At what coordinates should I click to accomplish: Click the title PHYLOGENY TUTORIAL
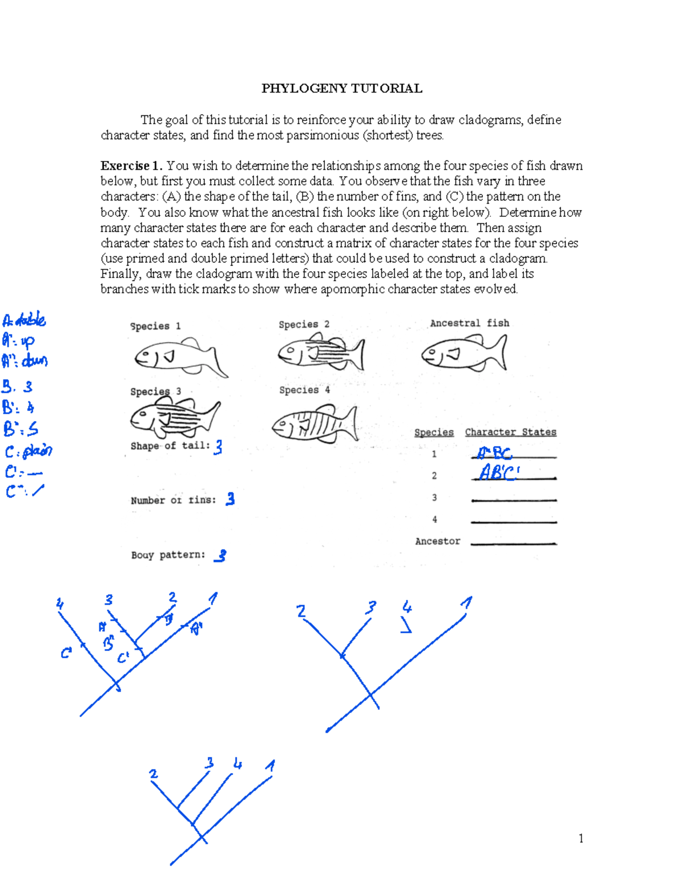coord(341,88)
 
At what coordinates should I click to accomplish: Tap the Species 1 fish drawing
coord(180,357)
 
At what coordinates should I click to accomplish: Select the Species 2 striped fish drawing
coord(321,353)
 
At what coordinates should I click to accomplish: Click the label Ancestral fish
coord(469,323)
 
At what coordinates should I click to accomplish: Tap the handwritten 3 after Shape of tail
coord(218,447)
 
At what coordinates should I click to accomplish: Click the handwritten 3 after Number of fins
coord(230,499)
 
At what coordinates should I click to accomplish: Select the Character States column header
coord(510,432)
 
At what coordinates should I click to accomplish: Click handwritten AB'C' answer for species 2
coord(499,472)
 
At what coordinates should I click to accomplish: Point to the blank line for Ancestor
coord(513,543)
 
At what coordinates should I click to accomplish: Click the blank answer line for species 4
coord(513,521)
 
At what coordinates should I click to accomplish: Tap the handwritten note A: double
coord(24,320)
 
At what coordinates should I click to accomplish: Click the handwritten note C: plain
coord(29,451)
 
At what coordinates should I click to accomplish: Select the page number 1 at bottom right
coord(581,838)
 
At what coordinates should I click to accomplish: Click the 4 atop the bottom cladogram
coord(237,763)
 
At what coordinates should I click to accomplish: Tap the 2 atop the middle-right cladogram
coord(301,612)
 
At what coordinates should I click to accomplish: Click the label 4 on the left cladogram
coord(59,603)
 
